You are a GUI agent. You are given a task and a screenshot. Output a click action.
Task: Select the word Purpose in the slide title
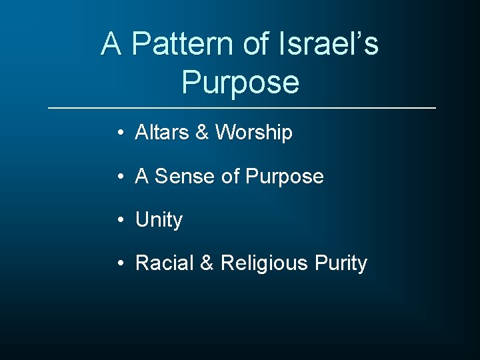coord(240,83)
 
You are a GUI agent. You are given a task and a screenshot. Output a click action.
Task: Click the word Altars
coord(162,133)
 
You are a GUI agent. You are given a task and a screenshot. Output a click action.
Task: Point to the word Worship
coord(254,133)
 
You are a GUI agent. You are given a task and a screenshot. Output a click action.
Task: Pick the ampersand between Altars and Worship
coord(202,133)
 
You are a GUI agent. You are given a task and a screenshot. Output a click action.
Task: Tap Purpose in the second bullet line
coord(285,177)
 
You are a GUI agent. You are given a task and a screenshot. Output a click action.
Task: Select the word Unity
coord(159,220)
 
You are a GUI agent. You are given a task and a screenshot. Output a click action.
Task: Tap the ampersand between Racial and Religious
coord(207,263)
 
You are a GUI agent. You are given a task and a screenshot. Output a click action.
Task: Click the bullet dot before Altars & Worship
coord(118,133)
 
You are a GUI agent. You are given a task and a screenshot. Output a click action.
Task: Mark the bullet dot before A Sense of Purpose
coord(118,177)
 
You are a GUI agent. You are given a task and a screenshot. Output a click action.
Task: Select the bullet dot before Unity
coord(118,220)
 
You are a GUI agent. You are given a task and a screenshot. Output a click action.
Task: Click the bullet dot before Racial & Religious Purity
coord(118,263)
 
